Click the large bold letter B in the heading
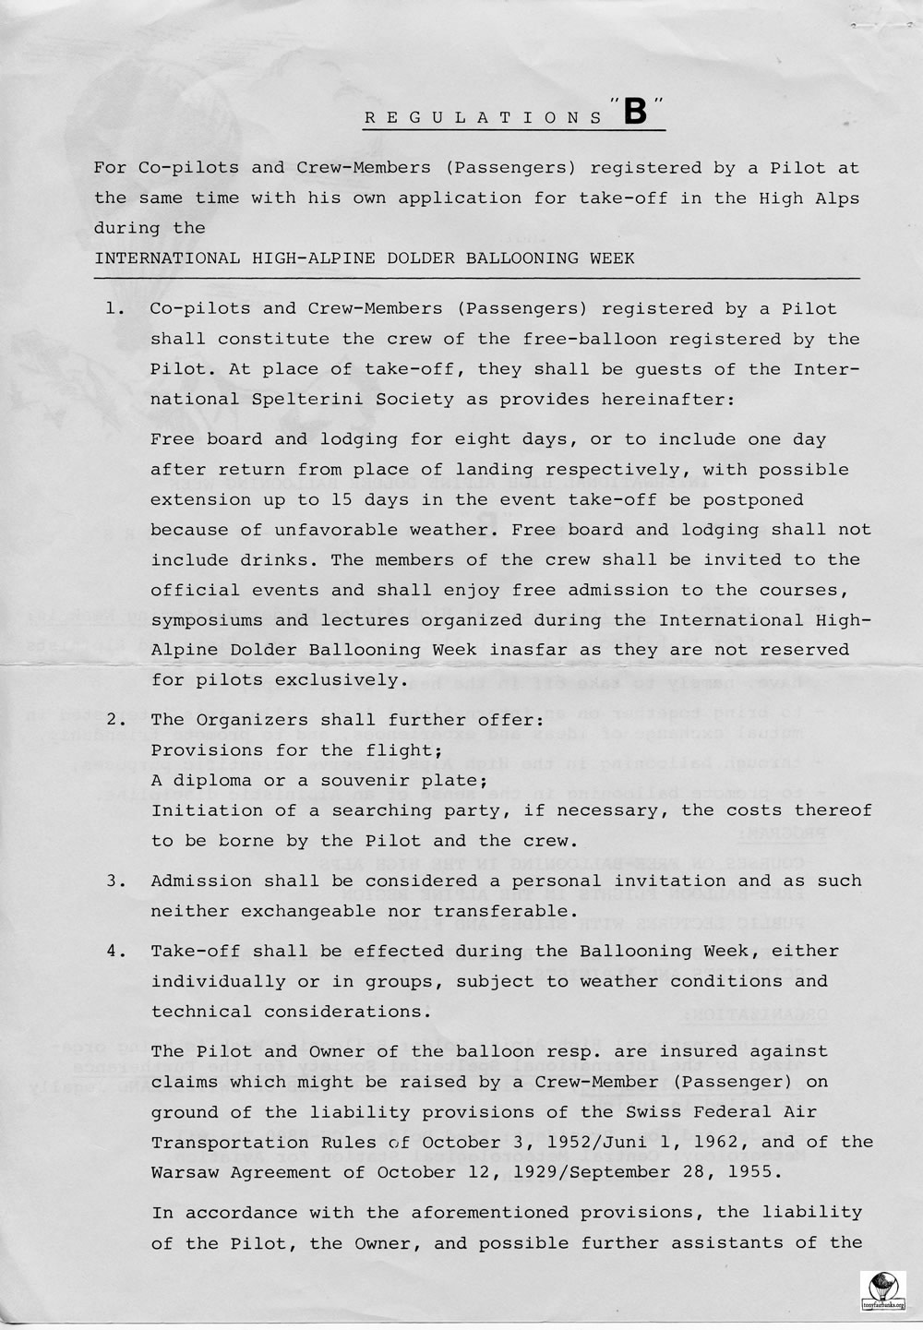636,112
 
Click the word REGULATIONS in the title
484,118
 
